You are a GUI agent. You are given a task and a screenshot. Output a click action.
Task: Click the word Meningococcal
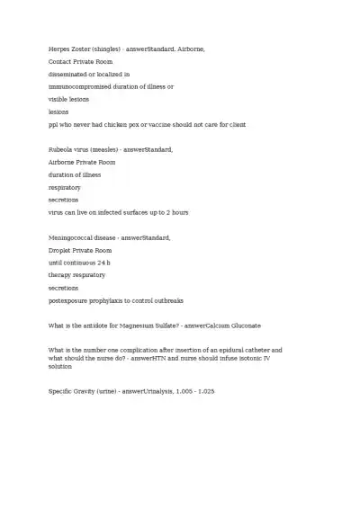75,237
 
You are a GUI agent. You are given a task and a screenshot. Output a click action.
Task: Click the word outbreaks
165,300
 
